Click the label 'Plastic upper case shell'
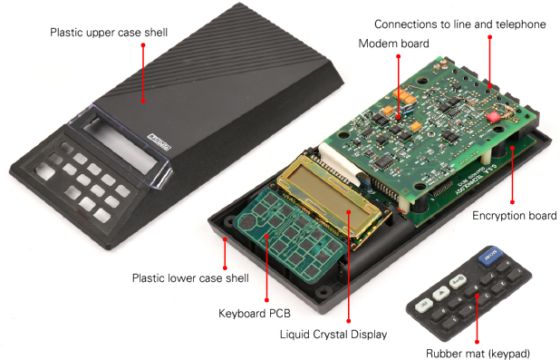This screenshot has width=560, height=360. (x=109, y=33)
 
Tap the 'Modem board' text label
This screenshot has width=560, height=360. (x=393, y=44)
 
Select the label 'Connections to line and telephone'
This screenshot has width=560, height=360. (x=460, y=24)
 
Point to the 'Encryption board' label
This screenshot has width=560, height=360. (x=515, y=216)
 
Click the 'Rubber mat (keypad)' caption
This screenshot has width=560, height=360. (x=478, y=354)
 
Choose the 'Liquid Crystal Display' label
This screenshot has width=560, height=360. (x=333, y=335)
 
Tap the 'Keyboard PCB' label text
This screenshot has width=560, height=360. (x=255, y=314)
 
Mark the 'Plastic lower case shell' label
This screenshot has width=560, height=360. (x=190, y=278)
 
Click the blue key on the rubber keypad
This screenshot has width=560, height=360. (x=489, y=257)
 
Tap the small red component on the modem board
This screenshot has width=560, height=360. (x=493, y=117)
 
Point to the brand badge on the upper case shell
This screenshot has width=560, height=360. (x=159, y=142)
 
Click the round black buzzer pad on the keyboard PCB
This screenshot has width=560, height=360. (x=246, y=221)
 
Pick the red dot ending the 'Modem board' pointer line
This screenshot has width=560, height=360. (x=398, y=56)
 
